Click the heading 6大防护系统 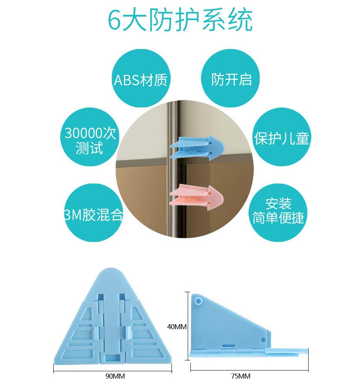[180, 20]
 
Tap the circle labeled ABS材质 [141, 80]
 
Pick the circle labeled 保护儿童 [281, 138]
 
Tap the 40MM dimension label [177, 327]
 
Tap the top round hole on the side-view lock [199, 300]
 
